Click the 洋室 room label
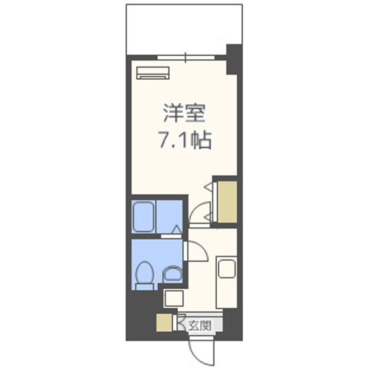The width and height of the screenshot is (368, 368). pos(184,113)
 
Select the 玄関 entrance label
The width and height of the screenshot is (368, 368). pos(198,324)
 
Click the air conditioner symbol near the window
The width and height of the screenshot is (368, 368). pos(153,73)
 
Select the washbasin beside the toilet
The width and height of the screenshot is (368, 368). pos(172,275)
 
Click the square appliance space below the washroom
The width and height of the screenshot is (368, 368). pos(173,299)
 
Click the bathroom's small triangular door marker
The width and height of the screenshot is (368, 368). pos(176,229)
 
